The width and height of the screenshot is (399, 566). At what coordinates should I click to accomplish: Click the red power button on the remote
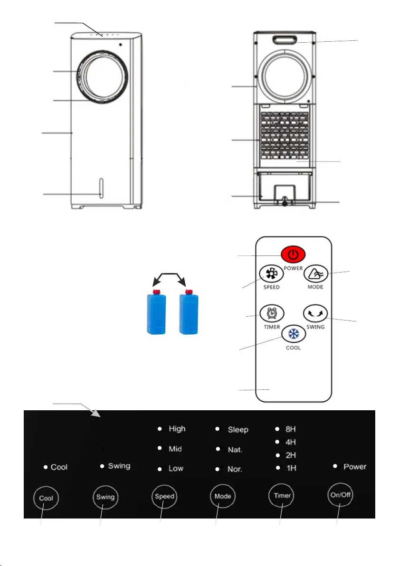(x=293, y=255)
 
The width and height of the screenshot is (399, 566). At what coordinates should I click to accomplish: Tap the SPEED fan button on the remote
(x=272, y=274)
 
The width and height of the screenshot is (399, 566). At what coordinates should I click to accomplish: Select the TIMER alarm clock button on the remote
(x=272, y=313)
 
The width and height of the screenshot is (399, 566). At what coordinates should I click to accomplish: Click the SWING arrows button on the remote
(x=315, y=313)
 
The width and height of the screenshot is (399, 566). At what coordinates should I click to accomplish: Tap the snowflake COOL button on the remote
(x=294, y=333)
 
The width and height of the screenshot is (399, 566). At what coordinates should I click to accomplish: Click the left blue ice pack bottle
(x=156, y=312)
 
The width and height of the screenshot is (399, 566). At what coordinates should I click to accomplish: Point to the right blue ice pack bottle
(x=189, y=312)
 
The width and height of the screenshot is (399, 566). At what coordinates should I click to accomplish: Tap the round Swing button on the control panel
(x=105, y=497)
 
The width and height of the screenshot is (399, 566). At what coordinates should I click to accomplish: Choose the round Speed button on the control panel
(x=164, y=496)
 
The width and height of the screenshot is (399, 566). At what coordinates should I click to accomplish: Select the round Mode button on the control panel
(x=223, y=496)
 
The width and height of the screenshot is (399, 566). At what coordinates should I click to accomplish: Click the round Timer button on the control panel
(x=282, y=495)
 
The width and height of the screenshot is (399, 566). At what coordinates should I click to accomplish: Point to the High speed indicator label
(x=177, y=428)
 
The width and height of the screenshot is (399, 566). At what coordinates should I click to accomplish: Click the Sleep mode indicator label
(x=238, y=429)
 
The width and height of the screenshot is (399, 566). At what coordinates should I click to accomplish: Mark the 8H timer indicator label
(x=291, y=429)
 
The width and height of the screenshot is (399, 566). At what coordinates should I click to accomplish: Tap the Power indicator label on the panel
(x=355, y=466)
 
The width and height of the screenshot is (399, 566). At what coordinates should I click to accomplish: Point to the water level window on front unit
(x=101, y=188)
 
